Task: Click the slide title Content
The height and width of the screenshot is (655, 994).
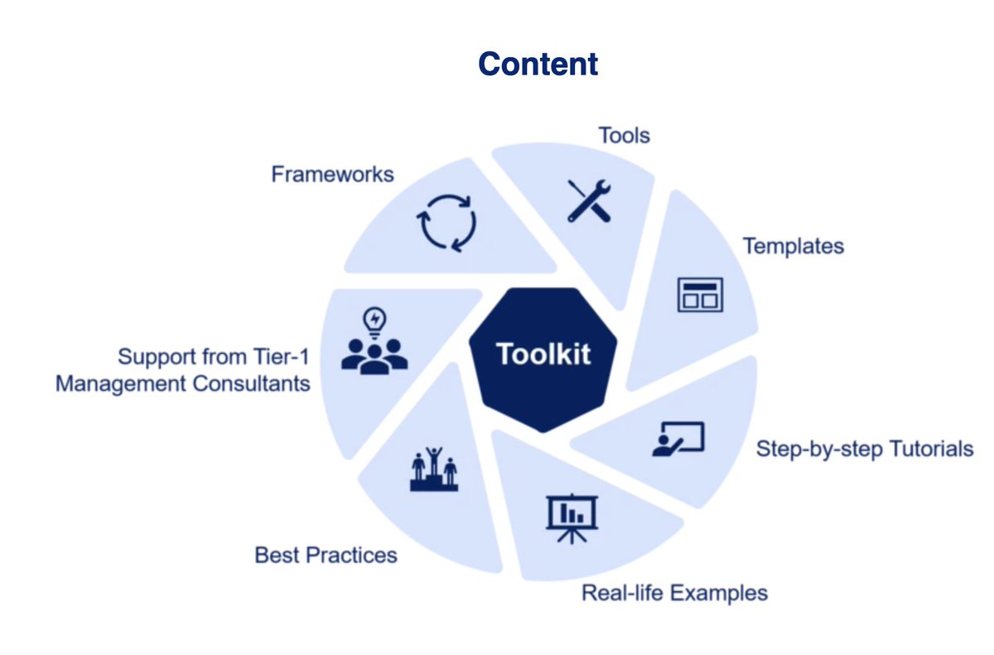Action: [538, 64]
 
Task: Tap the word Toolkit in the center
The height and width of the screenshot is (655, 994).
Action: [543, 354]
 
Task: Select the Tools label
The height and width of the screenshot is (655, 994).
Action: [624, 135]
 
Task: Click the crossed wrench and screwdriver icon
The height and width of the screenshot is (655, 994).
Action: [590, 200]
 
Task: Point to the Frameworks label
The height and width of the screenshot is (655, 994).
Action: [332, 175]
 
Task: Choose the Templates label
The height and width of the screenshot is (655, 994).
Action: [793, 246]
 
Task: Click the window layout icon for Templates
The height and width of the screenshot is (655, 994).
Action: [700, 295]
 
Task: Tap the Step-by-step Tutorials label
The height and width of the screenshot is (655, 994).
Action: [864, 449]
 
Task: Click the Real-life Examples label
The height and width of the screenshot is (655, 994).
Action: [674, 593]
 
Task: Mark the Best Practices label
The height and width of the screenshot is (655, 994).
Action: [326, 554]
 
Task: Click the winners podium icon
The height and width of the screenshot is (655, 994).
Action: [433, 470]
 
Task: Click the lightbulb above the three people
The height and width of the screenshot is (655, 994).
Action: [374, 320]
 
